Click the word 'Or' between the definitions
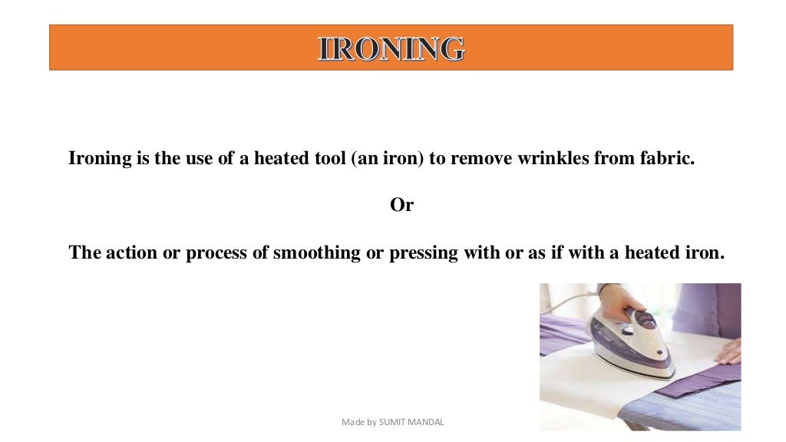click(x=401, y=206)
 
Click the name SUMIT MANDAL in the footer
click(x=415, y=422)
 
